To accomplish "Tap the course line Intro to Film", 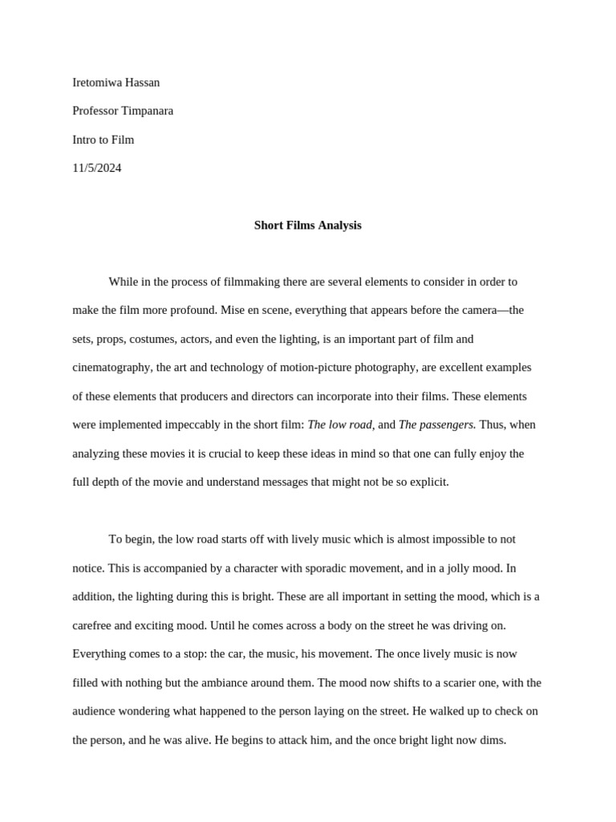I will click(103, 140).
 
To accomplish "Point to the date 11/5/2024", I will click(97, 168).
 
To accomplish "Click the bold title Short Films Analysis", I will click(308, 226).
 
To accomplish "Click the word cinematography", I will click(111, 368).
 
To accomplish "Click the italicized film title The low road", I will click(340, 425).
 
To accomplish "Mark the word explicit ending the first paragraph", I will click(429, 482).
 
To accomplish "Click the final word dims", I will click(492, 740).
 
